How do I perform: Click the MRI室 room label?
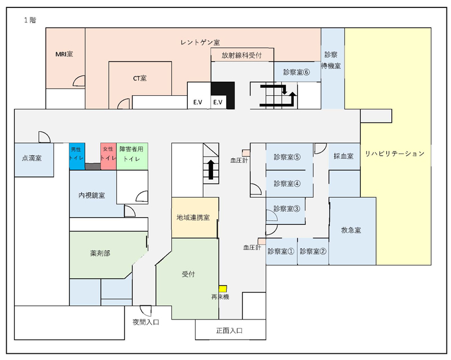coord(64,54)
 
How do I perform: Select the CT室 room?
coord(140,78)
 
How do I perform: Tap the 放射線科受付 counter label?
coord(242,55)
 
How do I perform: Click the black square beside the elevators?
coord(223,95)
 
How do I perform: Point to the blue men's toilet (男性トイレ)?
coord(77,156)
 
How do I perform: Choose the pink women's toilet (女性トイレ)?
coord(108,156)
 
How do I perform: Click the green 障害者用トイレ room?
coord(132,156)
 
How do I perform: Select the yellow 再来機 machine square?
coord(223,288)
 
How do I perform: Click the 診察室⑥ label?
coord(297,72)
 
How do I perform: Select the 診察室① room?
coord(281,251)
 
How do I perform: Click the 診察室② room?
coord(313,251)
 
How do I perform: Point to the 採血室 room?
coord(344,156)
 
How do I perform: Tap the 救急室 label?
coord(351,230)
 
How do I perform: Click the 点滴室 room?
coord(34,160)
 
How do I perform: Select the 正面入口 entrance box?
coord(231,330)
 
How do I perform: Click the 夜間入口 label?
coord(146,322)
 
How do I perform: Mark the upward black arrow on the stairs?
coord(211,170)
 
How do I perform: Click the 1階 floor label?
coord(30,20)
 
